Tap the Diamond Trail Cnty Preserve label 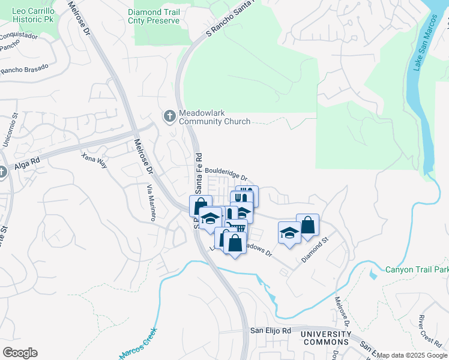pyautogui.click(x=154, y=16)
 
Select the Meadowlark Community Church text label pyautogui.click(x=214, y=117)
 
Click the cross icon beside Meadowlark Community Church pyautogui.click(x=169, y=116)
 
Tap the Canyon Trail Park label pyautogui.click(x=417, y=270)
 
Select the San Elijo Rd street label pyautogui.click(x=270, y=331)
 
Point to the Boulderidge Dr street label pyautogui.click(x=226, y=173)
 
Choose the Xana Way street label pyautogui.click(x=94, y=159)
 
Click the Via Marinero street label pyautogui.click(x=150, y=202)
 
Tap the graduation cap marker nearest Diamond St pyautogui.click(x=289, y=232)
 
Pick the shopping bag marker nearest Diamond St pyautogui.click(x=307, y=225)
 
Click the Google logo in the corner pyautogui.click(x=20, y=353)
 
